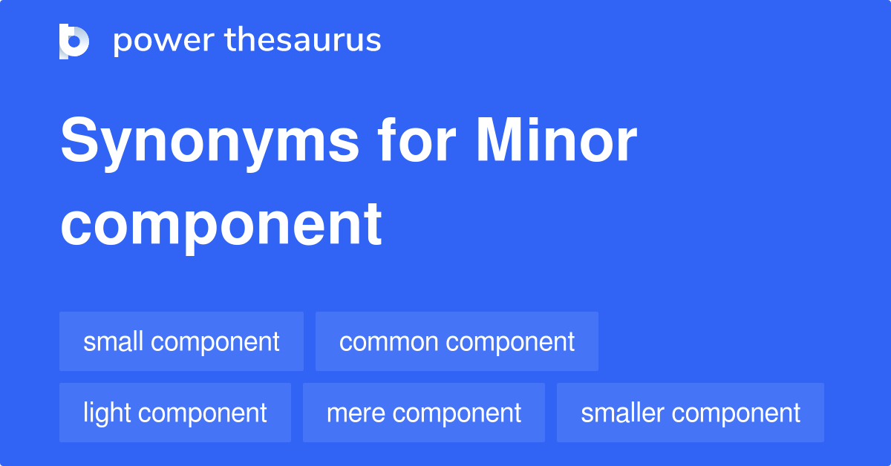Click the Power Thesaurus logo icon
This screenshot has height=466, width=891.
coord(74,41)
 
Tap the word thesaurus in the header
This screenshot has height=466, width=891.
coord(303,41)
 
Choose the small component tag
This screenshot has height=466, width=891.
coord(181,341)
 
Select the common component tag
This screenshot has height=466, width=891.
coord(457,341)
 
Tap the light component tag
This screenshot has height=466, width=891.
coord(175,413)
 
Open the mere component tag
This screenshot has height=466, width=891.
coord(424,413)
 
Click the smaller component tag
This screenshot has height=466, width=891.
coord(691,413)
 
